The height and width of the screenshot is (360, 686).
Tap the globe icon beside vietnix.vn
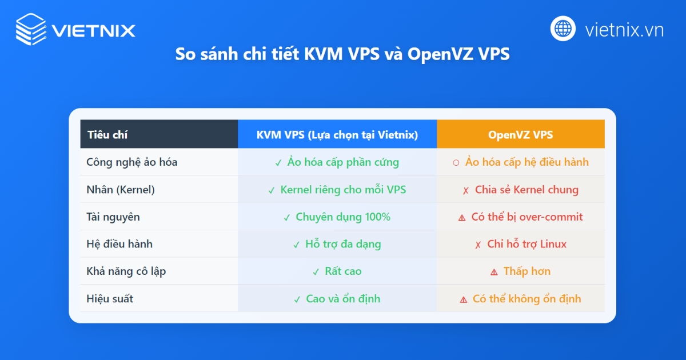563,29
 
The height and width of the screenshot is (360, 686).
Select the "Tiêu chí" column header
107,135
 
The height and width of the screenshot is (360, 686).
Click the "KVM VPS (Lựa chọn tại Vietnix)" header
337,135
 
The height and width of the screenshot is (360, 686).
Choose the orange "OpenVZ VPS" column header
520,135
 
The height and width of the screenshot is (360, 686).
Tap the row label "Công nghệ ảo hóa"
132,162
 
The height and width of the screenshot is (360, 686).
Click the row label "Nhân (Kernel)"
121,190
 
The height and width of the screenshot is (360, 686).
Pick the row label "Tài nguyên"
113,217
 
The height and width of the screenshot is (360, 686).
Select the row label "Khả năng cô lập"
126,271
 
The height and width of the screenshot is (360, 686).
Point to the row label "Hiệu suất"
110,299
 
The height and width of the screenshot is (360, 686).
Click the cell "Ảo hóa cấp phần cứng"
343,162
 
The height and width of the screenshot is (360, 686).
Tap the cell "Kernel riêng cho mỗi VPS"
343,190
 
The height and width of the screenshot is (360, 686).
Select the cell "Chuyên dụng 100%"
343,217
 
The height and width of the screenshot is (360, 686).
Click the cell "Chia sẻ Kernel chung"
527,190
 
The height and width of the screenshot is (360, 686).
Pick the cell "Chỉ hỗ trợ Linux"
527,244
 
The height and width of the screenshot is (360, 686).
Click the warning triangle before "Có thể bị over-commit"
462,218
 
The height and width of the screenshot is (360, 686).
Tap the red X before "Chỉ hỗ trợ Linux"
478,245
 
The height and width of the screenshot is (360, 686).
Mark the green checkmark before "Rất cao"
316,272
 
